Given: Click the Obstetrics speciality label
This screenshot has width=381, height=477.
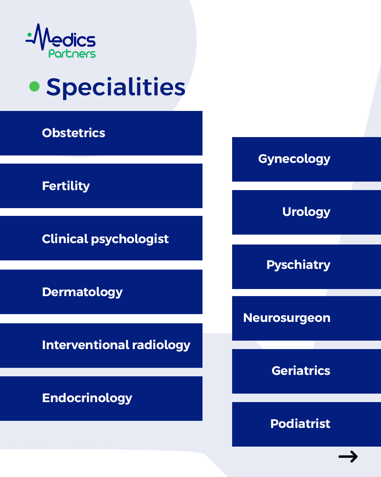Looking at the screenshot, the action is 73,133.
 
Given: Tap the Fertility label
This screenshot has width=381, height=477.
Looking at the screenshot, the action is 66,186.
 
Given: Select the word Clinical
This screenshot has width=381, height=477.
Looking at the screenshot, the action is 65,239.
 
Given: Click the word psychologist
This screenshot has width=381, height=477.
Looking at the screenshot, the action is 130,240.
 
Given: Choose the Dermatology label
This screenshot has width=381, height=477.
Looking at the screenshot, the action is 82,292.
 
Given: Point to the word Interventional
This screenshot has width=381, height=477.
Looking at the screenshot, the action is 86,345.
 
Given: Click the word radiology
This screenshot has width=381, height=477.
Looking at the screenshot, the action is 161,346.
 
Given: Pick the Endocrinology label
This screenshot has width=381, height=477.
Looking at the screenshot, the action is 87,398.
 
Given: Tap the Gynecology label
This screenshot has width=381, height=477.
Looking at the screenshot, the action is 294,159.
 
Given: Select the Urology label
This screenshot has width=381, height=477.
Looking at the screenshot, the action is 306,212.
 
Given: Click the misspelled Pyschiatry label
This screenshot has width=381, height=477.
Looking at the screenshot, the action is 298,265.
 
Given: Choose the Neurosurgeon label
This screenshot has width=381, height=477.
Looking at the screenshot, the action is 287,318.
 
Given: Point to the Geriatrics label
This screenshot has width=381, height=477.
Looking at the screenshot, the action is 301,371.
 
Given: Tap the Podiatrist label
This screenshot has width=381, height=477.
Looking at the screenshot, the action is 300,424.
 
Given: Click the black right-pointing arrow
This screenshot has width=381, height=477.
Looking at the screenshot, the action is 348,457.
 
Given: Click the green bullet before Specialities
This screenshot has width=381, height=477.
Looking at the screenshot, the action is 34,87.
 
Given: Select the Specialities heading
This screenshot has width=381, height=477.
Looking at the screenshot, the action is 116,88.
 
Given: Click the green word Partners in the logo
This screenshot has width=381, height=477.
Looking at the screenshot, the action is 72,54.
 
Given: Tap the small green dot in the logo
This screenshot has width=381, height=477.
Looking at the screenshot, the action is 29,35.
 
